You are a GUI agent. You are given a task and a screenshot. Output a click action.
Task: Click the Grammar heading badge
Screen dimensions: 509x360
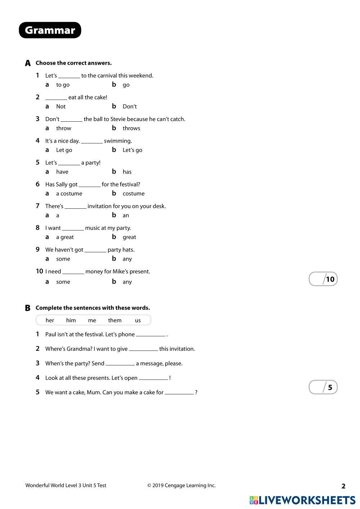click(50, 30)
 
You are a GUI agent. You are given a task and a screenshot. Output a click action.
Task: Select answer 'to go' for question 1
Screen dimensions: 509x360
click(63, 85)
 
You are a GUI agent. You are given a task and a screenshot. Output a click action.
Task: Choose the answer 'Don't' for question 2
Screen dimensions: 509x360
click(130, 107)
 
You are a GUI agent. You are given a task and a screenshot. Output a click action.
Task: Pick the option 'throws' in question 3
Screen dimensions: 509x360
click(131, 129)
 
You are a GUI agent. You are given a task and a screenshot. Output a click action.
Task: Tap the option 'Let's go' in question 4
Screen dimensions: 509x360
click(132, 150)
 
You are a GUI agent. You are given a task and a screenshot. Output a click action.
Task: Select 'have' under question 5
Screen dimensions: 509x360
click(62, 172)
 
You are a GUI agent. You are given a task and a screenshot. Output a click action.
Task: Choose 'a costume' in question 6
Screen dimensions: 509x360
click(69, 194)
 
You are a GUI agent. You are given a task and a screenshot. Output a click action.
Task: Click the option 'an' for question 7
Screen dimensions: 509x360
click(126, 216)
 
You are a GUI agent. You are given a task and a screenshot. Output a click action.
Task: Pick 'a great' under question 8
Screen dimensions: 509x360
click(65, 237)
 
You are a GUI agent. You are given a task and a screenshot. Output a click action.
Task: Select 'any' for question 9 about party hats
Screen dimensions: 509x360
click(127, 259)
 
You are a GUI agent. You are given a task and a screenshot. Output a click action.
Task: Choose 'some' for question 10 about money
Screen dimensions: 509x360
click(63, 282)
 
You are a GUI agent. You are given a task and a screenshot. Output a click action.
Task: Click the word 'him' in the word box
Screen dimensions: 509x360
click(71, 320)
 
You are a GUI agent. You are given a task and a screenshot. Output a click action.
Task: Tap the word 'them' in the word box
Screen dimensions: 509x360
click(115, 320)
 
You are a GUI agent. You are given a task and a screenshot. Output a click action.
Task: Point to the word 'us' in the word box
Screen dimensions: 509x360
click(138, 320)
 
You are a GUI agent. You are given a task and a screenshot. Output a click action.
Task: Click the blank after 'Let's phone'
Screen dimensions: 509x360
click(150, 334)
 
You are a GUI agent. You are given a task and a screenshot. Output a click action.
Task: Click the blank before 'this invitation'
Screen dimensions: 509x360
click(143, 349)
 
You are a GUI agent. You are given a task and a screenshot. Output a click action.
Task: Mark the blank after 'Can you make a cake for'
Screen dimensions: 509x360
click(179, 392)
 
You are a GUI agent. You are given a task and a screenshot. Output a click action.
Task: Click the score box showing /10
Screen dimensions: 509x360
click(323, 279)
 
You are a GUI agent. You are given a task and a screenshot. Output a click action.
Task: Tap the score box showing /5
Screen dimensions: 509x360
click(323, 387)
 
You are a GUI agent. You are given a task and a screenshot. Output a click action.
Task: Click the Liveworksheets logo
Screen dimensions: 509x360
click(302, 500)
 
